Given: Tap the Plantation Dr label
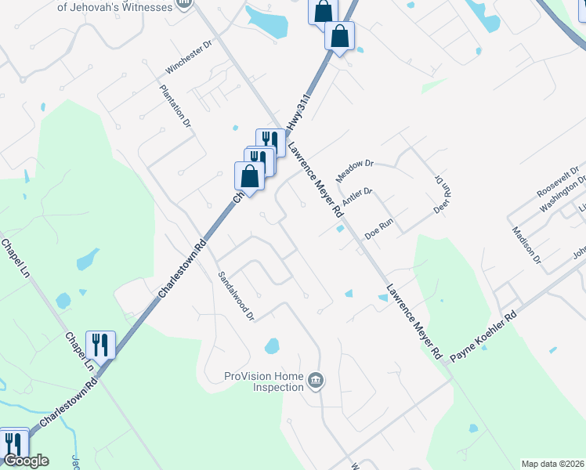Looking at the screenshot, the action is point(175,106).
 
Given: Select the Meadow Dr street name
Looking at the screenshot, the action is point(356,170).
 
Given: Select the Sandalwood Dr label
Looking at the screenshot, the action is point(236,296).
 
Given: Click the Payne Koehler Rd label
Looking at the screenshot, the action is point(483,338).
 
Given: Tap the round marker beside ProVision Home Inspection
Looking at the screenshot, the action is point(315,381).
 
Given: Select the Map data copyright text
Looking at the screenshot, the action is point(553,464).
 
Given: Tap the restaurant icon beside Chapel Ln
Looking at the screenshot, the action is point(100,344).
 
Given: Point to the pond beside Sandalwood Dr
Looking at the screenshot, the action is point(272,345).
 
